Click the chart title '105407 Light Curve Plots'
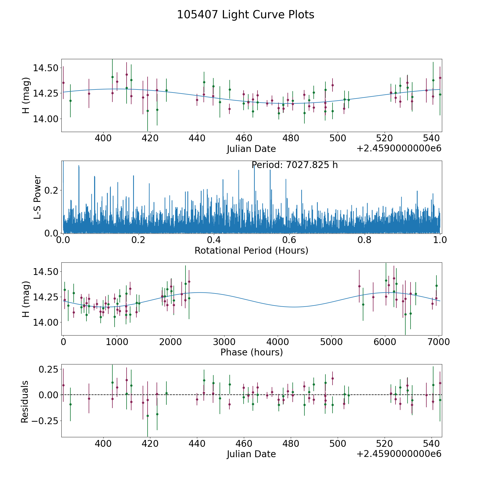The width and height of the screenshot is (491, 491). pos(245,15)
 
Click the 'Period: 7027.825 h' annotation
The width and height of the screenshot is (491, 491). pos(295,165)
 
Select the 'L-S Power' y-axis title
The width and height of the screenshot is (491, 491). pos(37,197)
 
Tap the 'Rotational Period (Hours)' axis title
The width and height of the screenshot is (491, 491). pos(251,250)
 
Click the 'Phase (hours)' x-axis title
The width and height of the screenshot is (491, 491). pos(251,352)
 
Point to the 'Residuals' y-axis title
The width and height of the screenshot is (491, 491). pos(25,402)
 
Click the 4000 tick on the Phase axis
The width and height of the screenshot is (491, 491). pos(277,342)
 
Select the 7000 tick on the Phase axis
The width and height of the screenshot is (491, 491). pos(438,342)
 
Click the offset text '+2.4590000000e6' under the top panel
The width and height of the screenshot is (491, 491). pos(399,148)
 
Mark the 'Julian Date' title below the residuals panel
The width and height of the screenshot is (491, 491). pos(251,454)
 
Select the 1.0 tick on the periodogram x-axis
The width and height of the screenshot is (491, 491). pos(440,240)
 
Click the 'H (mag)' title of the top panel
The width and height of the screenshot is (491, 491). pos(26,95)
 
